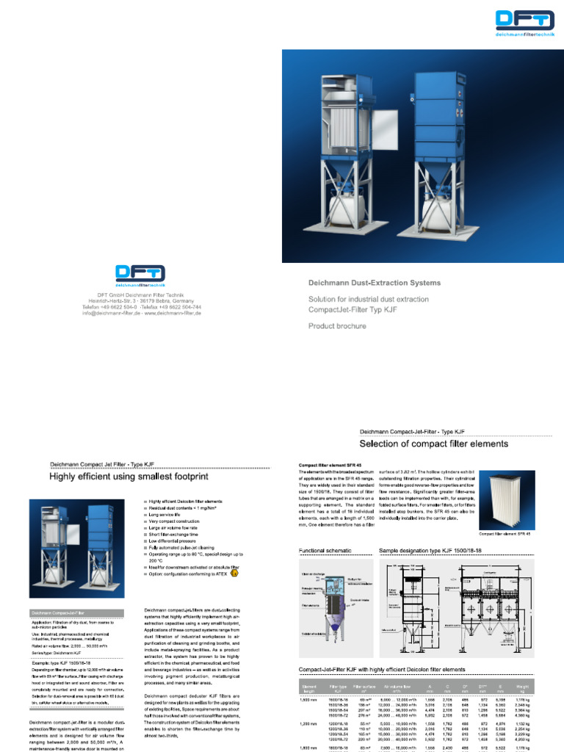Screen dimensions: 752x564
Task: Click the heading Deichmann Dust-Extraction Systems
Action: pos(375,283)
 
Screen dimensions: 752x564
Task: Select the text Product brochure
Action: pos(337,325)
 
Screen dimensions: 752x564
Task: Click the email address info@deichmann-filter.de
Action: pos(120,313)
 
